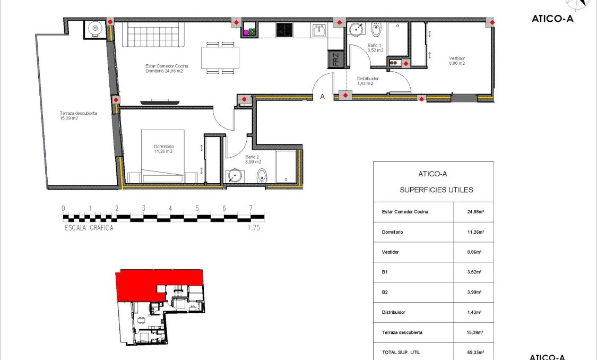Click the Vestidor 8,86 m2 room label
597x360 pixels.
[456, 61]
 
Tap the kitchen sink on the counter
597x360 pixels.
[319, 30]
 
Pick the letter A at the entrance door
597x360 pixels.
[322, 97]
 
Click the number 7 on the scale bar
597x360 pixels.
[250, 208]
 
